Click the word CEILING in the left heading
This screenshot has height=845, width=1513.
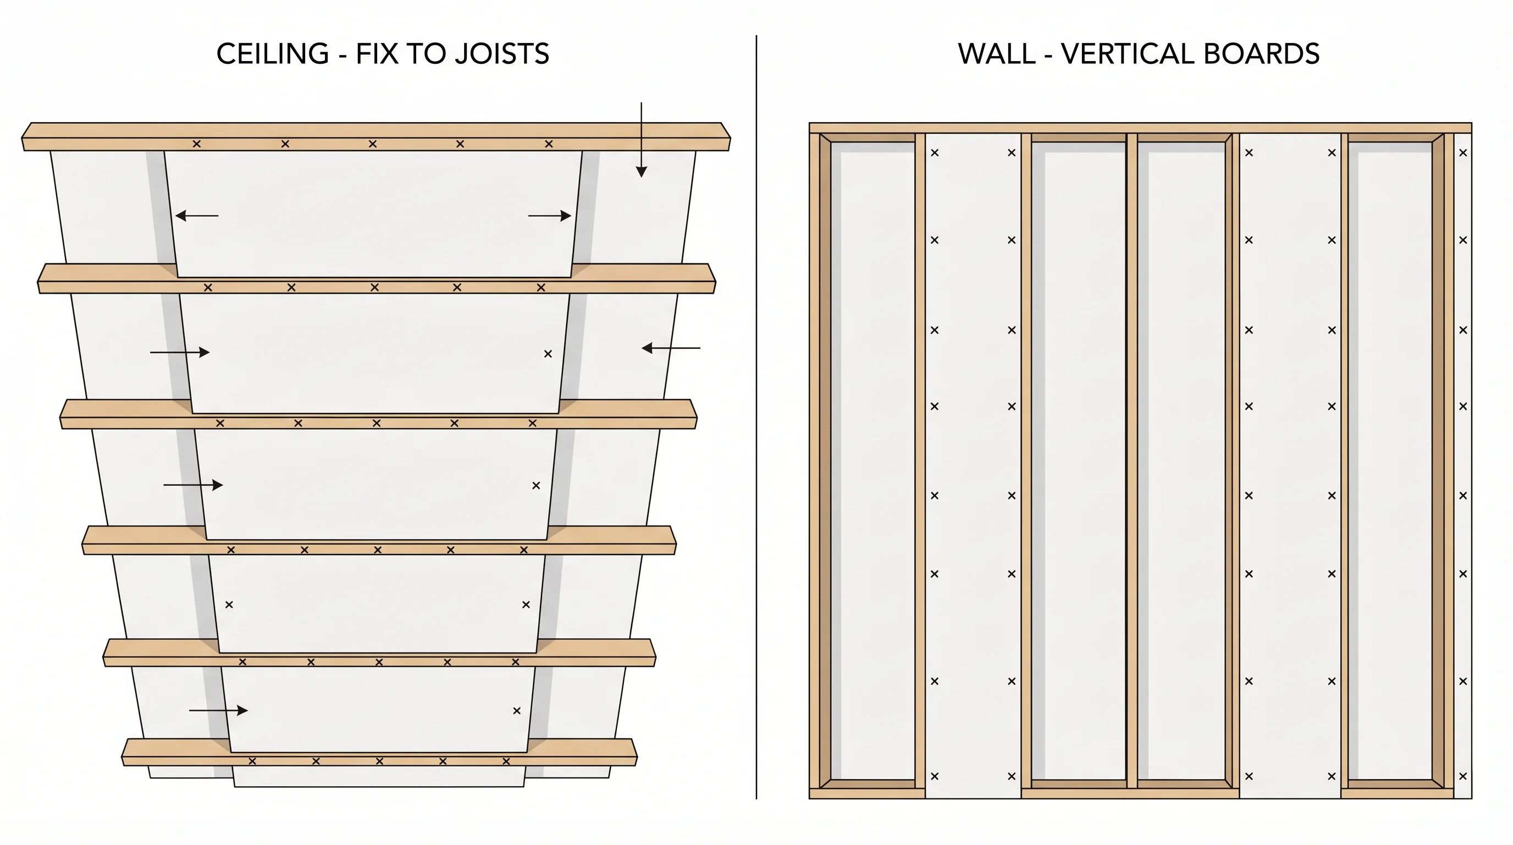[273, 54]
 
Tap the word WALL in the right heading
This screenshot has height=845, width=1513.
[997, 54]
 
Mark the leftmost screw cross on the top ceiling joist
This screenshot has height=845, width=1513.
[197, 144]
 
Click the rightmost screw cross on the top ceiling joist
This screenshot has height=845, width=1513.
[549, 144]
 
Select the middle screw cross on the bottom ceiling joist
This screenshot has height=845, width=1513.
[379, 761]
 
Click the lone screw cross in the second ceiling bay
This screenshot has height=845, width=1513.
[548, 354]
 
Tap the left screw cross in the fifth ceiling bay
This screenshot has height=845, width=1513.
[229, 604]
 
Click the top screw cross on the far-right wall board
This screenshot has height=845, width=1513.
[1463, 153]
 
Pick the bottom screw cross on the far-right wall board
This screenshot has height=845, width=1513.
[1463, 776]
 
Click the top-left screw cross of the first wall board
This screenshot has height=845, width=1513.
[935, 153]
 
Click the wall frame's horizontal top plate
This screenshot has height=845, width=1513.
[1140, 128]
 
